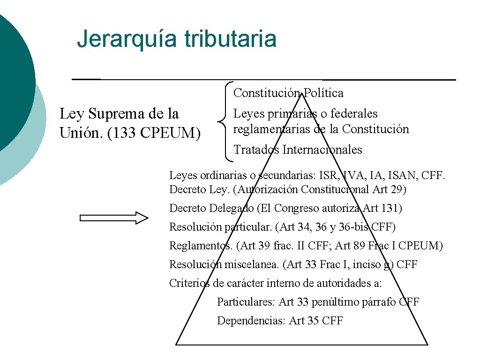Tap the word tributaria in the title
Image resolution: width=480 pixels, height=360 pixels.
230,39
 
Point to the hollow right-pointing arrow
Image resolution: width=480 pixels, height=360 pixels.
114,217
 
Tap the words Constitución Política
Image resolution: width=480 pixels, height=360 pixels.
288,93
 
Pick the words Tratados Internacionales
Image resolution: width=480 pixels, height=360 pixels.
298,150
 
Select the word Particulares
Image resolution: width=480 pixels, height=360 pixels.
246,302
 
